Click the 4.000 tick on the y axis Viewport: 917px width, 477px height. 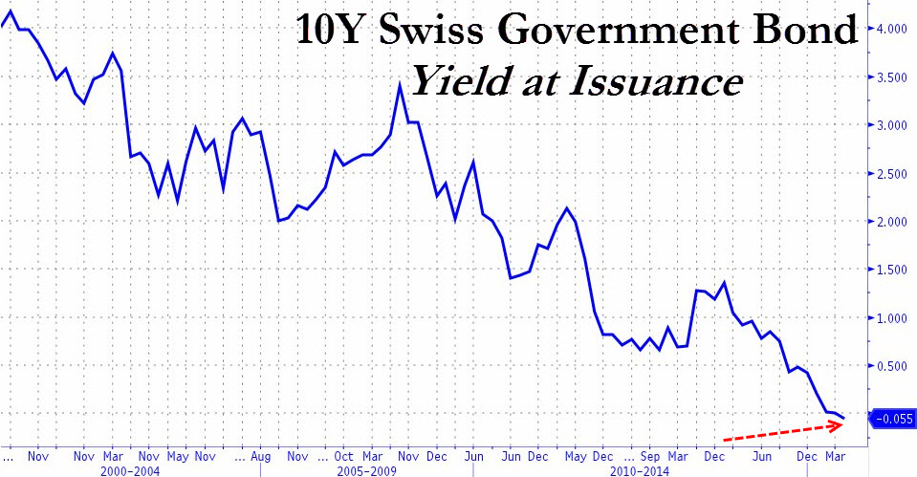[x=891, y=29]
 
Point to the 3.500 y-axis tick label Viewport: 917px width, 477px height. [x=891, y=76]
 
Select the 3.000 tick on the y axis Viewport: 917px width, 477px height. [x=891, y=125]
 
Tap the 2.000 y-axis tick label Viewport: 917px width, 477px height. [x=891, y=222]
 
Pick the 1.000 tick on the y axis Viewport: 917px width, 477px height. [x=891, y=318]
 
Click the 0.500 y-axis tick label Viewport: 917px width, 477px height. [x=891, y=366]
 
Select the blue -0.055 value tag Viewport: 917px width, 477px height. [x=891, y=418]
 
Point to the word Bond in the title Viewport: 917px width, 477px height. [x=814, y=32]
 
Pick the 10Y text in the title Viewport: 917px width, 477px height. [x=328, y=32]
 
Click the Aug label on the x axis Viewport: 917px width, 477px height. [x=260, y=457]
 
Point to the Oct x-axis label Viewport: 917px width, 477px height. [x=343, y=457]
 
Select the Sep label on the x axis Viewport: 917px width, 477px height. [x=651, y=457]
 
